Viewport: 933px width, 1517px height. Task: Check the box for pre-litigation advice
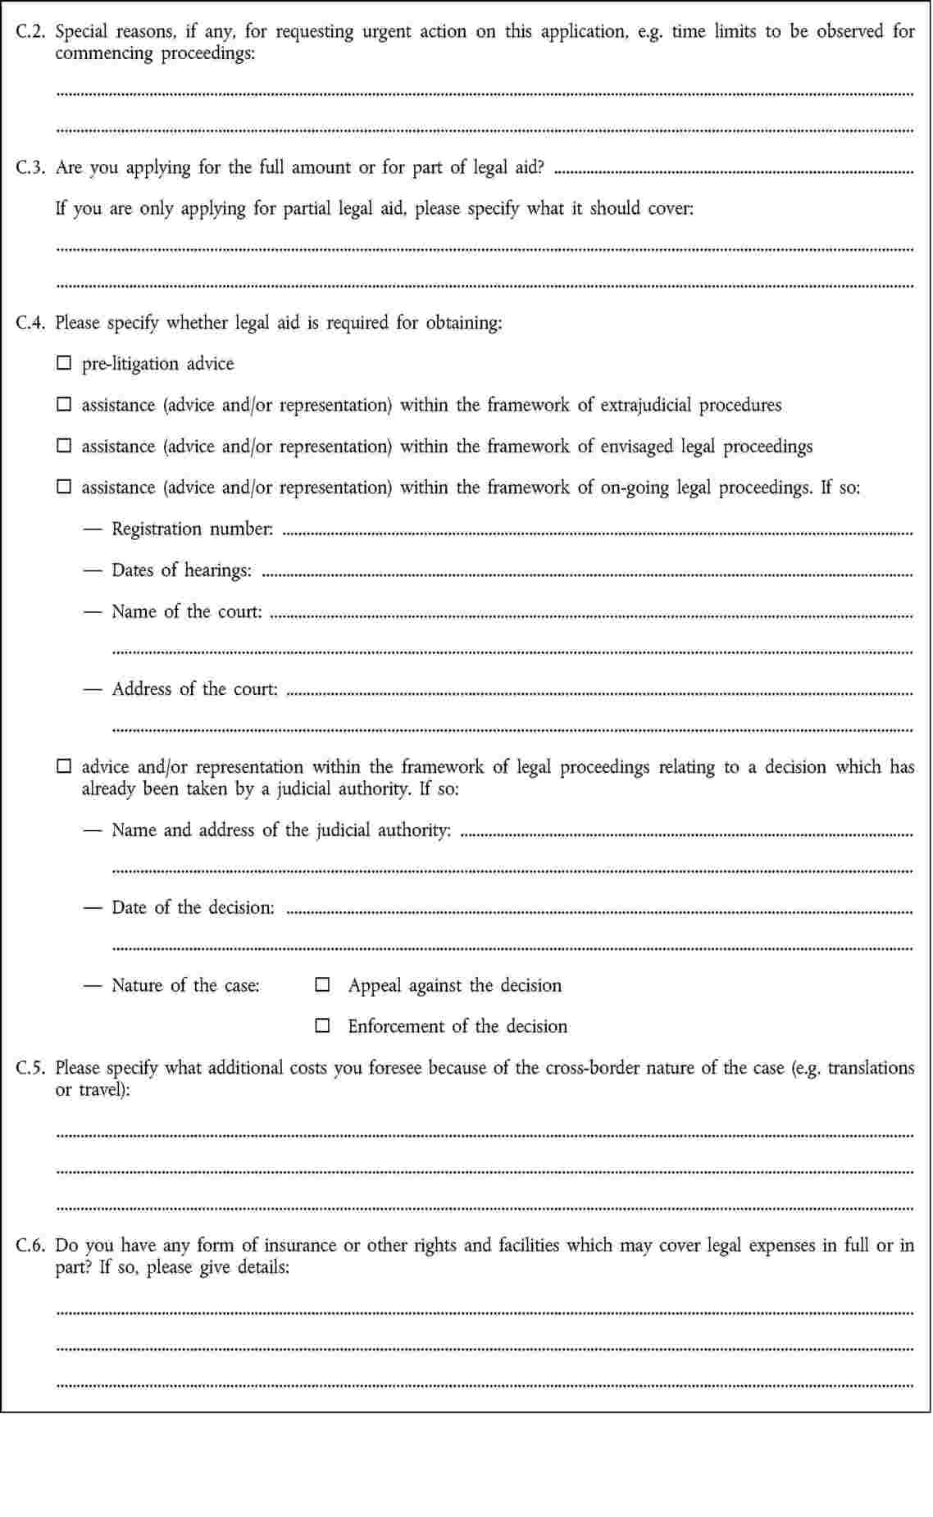[63, 363]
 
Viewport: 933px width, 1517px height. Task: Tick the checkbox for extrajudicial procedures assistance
[63, 404]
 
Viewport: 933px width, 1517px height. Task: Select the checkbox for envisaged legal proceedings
[63, 446]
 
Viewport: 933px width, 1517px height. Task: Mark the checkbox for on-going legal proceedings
[63, 487]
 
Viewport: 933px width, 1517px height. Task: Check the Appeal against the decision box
[323, 984]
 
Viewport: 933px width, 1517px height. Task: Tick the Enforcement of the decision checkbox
[323, 1025]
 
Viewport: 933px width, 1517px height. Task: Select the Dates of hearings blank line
[585, 574]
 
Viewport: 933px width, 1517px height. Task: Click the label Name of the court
[187, 611]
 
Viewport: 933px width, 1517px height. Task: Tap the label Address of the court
[195, 689]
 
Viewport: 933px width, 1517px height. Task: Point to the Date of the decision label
[193, 907]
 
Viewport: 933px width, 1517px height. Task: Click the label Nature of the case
[185, 985]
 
